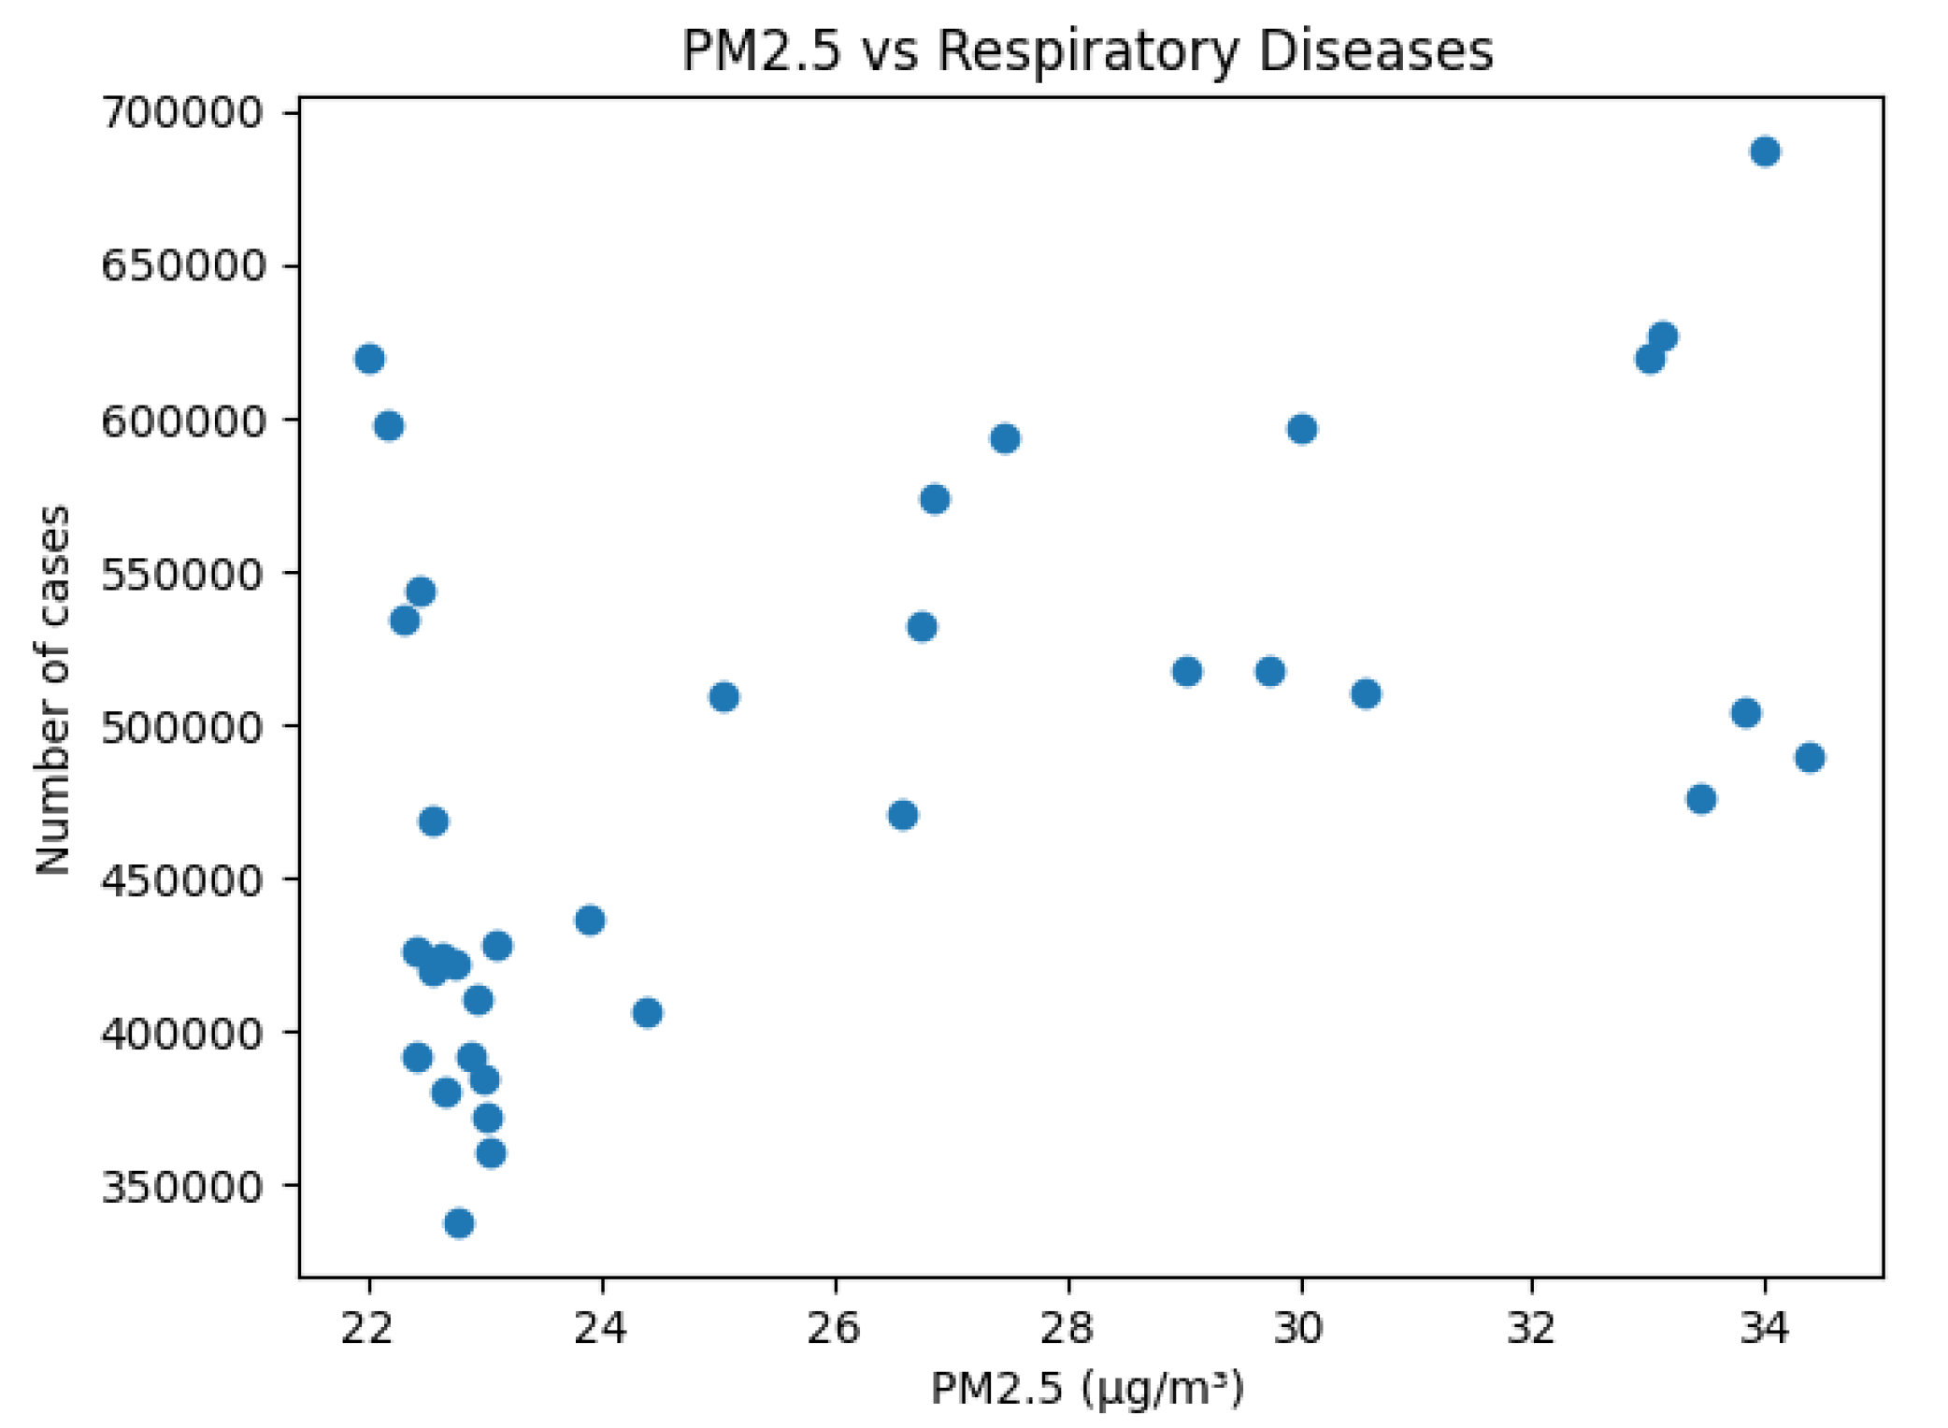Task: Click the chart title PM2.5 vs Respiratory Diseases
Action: click(1087, 50)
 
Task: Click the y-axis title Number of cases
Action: click(52, 690)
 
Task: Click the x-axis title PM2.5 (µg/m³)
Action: click(1087, 1389)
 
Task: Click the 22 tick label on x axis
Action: click(368, 1327)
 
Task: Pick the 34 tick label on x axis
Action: click(1764, 1327)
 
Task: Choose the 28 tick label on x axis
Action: click(1067, 1327)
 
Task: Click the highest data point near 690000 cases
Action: click(1764, 151)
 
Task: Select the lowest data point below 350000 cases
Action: click(458, 1222)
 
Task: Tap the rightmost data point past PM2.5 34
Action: click(1809, 757)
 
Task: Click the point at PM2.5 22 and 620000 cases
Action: click(369, 359)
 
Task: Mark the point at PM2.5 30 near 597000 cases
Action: click(1301, 429)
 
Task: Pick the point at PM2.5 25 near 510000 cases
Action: click(723, 696)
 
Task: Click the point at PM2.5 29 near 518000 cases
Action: click(1186, 671)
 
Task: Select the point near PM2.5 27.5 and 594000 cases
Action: click(1004, 438)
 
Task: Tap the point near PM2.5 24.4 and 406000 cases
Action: click(647, 1012)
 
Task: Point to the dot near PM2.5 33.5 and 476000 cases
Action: click(1700, 799)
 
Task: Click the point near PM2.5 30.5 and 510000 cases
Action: click(1366, 693)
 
